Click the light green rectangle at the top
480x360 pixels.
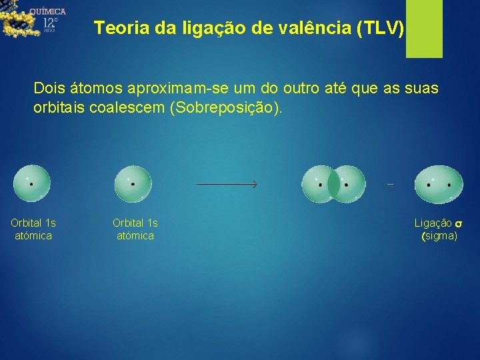pyautogui.click(x=424, y=28)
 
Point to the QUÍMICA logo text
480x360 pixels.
pyautogui.click(x=47, y=11)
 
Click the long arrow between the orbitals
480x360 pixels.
pyautogui.click(x=227, y=185)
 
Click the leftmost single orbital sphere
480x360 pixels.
pyautogui.click(x=32, y=184)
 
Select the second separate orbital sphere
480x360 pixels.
pyautogui.click(x=133, y=184)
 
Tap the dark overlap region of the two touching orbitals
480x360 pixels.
pyautogui.click(x=333, y=185)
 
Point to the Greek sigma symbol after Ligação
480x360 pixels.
pyautogui.click(x=458, y=223)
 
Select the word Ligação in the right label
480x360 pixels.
pyautogui.click(x=433, y=223)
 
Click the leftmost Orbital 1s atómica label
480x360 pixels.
pyautogui.click(x=33, y=229)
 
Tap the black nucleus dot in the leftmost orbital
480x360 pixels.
pyautogui.click(x=31, y=184)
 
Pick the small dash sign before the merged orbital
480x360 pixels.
pyautogui.click(x=390, y=185)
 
